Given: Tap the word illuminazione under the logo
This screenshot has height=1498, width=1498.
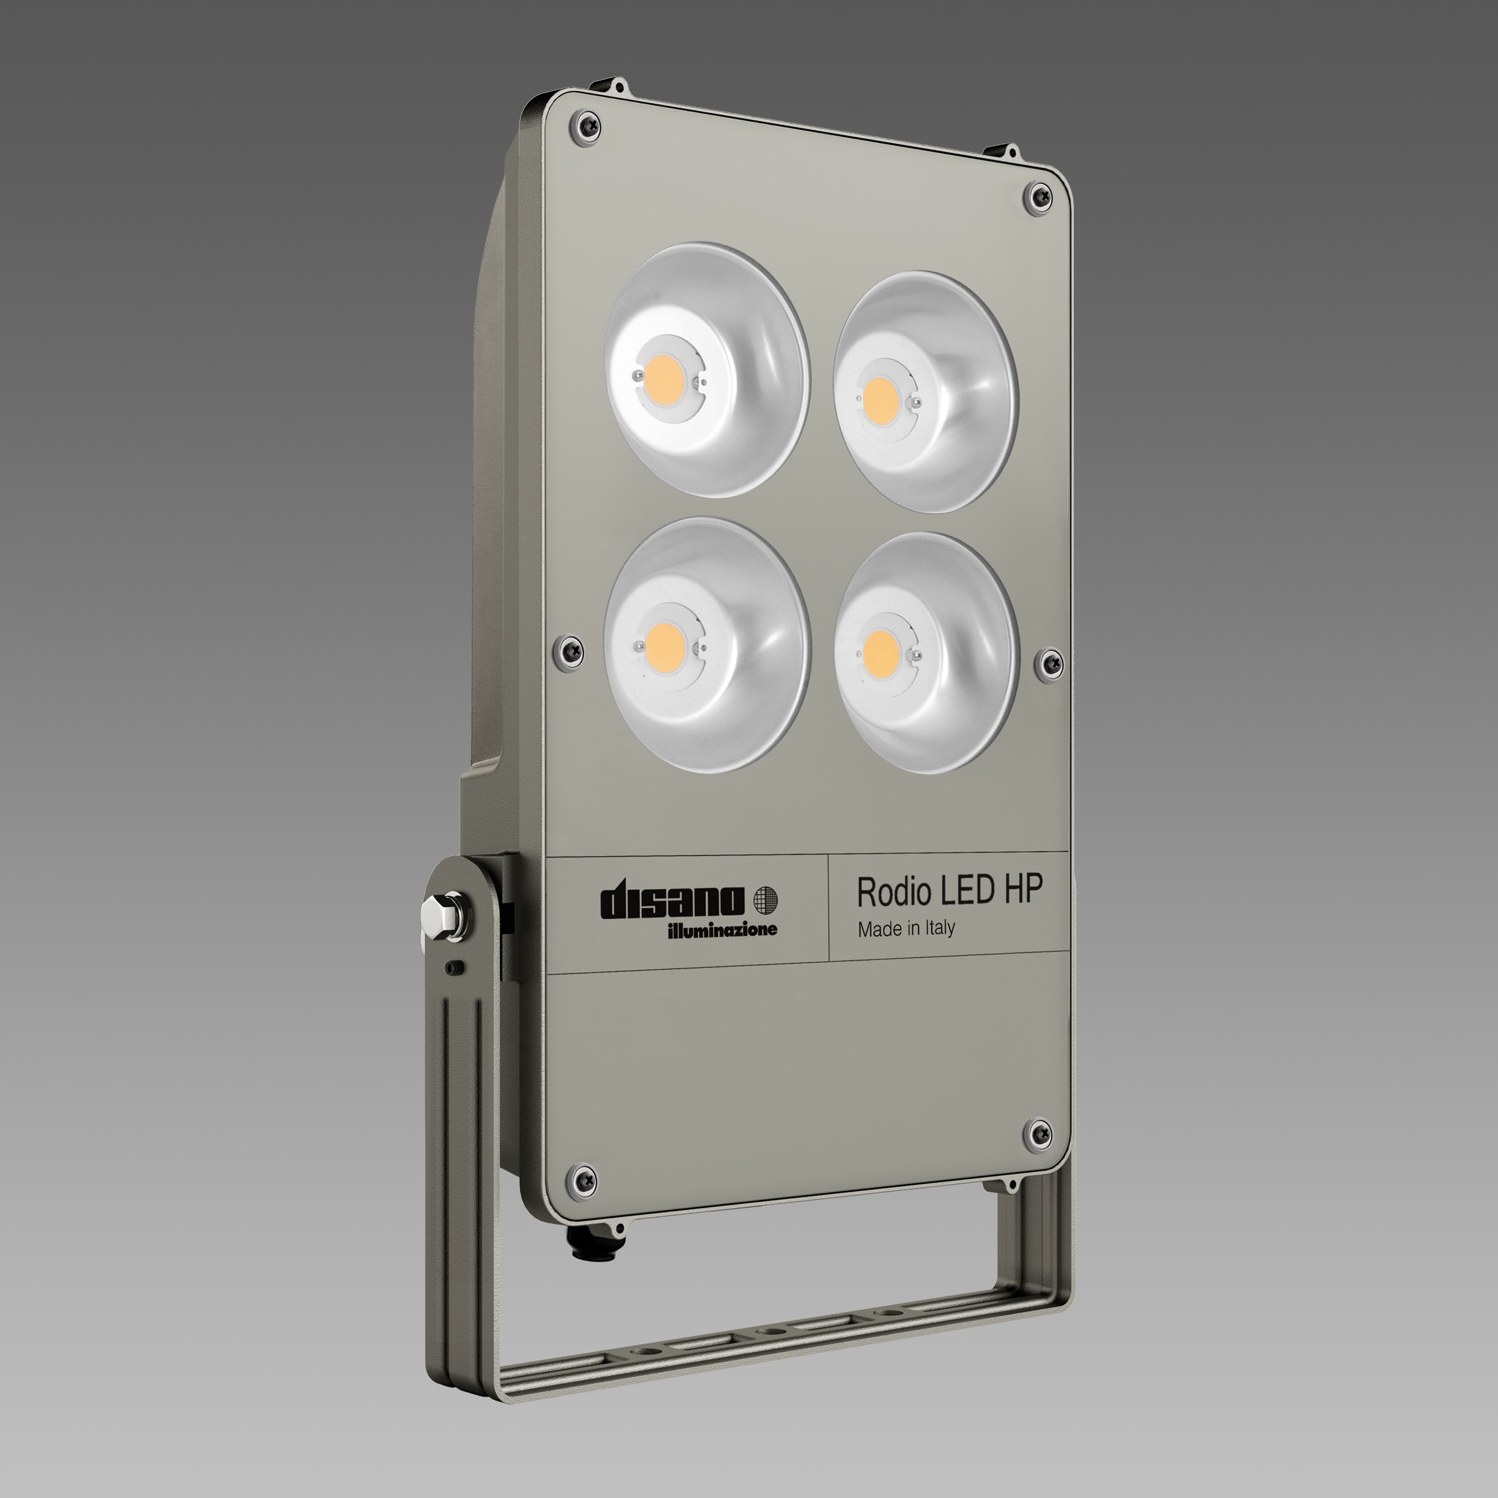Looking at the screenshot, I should (x=722, y=930).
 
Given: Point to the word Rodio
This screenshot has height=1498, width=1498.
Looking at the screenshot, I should (x=895, y=892).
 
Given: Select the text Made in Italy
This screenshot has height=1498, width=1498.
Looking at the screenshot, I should (x=906, y=928).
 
